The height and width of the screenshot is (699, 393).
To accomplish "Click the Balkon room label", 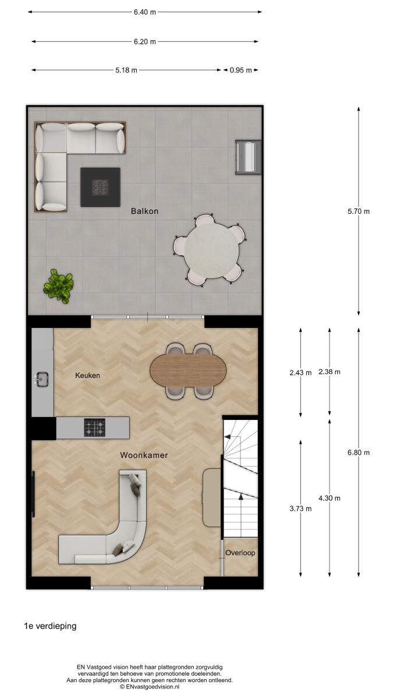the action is click(x=145, y=211).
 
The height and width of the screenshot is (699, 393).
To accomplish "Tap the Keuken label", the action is click(x=88, y=375).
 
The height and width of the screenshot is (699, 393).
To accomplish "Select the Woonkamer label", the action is click(x=144, y=456).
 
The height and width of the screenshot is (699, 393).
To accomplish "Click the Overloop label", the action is click(x=240, y=553).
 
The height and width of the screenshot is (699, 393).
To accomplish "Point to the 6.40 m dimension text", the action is click(x=145, y=12).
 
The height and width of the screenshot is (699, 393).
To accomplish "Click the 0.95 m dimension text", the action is click(x=241, y=70).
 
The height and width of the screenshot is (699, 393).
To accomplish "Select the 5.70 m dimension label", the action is click(x=359, y=211).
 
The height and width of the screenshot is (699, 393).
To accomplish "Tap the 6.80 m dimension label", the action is click(x=359, y=453).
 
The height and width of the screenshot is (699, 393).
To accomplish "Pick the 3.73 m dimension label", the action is click(x=300, y=509).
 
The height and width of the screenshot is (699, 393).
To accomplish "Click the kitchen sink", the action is click(x=41, y=379).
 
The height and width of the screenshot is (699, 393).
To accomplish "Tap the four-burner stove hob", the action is click(x=95, y=428).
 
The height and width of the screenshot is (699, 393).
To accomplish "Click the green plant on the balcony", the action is click(x=58, y=286).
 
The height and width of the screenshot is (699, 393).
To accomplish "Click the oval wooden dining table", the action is click(x=188, y=371).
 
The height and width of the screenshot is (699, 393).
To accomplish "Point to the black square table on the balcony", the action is click(x=100, y=187).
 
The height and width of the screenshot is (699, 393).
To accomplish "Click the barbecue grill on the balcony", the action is click(x=248, y=157).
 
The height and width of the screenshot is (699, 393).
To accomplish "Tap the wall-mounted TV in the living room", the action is click(x=33, y=494).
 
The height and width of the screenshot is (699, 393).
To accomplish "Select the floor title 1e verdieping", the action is click(x=50, y=626).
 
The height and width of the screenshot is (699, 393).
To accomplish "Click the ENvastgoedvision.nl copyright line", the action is click(x=150, y=687).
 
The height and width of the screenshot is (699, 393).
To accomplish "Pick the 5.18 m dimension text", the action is click(x=126, y=70).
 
